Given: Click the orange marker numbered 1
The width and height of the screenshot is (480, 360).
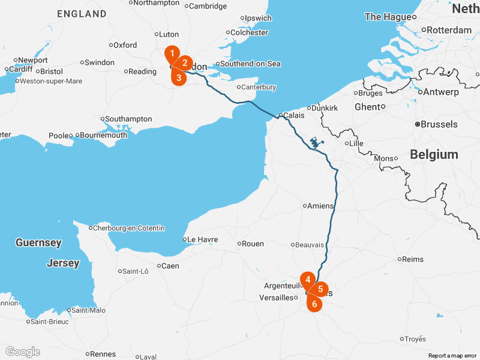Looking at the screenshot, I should (x=172, y=53).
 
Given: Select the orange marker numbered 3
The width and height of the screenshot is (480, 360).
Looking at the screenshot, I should (x=178, y=77).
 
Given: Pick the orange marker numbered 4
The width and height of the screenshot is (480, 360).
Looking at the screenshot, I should (x=307, y=279).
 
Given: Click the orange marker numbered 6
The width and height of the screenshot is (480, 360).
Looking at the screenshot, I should (x=314, y=304).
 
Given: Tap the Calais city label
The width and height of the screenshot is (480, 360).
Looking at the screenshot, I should (x=293, y=115).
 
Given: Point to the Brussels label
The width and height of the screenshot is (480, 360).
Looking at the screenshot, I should (x=439, y=125).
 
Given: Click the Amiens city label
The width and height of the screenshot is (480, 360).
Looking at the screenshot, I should (x=320, y=206).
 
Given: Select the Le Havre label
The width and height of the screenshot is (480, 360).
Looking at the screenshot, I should (x=202, y=239).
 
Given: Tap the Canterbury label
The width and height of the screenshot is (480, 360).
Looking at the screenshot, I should (x=259, y=87).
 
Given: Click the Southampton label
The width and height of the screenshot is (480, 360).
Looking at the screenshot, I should (x=129, y=119).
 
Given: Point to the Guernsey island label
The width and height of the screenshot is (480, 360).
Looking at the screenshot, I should (x=38, y=243).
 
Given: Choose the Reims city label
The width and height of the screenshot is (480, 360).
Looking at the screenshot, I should (x=413, y=259).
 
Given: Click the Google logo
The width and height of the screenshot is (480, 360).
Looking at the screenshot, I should (x=22, y=352).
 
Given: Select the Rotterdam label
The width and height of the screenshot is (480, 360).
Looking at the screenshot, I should (x=449, y=30).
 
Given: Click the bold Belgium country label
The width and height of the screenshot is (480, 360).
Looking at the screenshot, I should (x=434, y=155).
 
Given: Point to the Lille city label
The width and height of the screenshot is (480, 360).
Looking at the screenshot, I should (x=356, y=143).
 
